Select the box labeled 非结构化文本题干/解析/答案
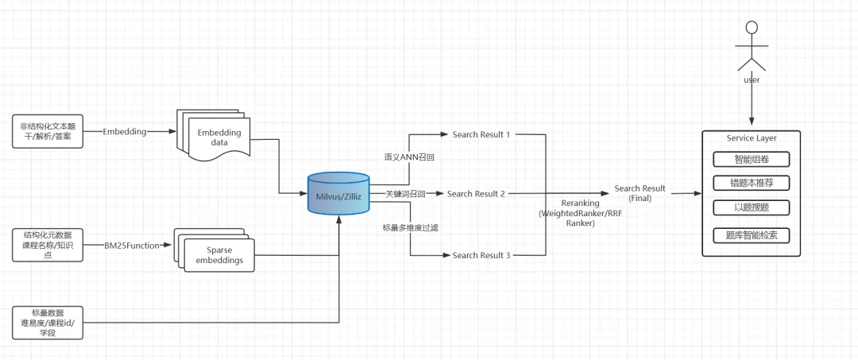48,132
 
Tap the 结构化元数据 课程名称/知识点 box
48,245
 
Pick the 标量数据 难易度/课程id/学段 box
48,322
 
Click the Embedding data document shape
214,137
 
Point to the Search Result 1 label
481,134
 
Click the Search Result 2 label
476,194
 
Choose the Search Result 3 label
481,255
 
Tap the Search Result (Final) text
640,193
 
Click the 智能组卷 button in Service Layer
752,159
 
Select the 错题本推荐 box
752,183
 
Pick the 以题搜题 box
752,208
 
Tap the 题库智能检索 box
752,236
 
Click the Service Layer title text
752,138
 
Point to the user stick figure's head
752,28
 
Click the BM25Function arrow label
131,246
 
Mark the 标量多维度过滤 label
410,227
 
